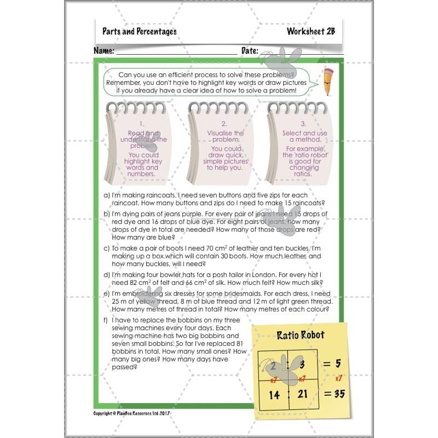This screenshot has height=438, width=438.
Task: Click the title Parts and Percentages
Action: [139, 31]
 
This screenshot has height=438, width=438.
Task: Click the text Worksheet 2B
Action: [310, 31]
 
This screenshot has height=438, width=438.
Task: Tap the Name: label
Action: [103, 50]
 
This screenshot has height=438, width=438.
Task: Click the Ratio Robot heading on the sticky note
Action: [300, 335]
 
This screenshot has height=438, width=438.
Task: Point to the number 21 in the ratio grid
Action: [302, 394]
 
